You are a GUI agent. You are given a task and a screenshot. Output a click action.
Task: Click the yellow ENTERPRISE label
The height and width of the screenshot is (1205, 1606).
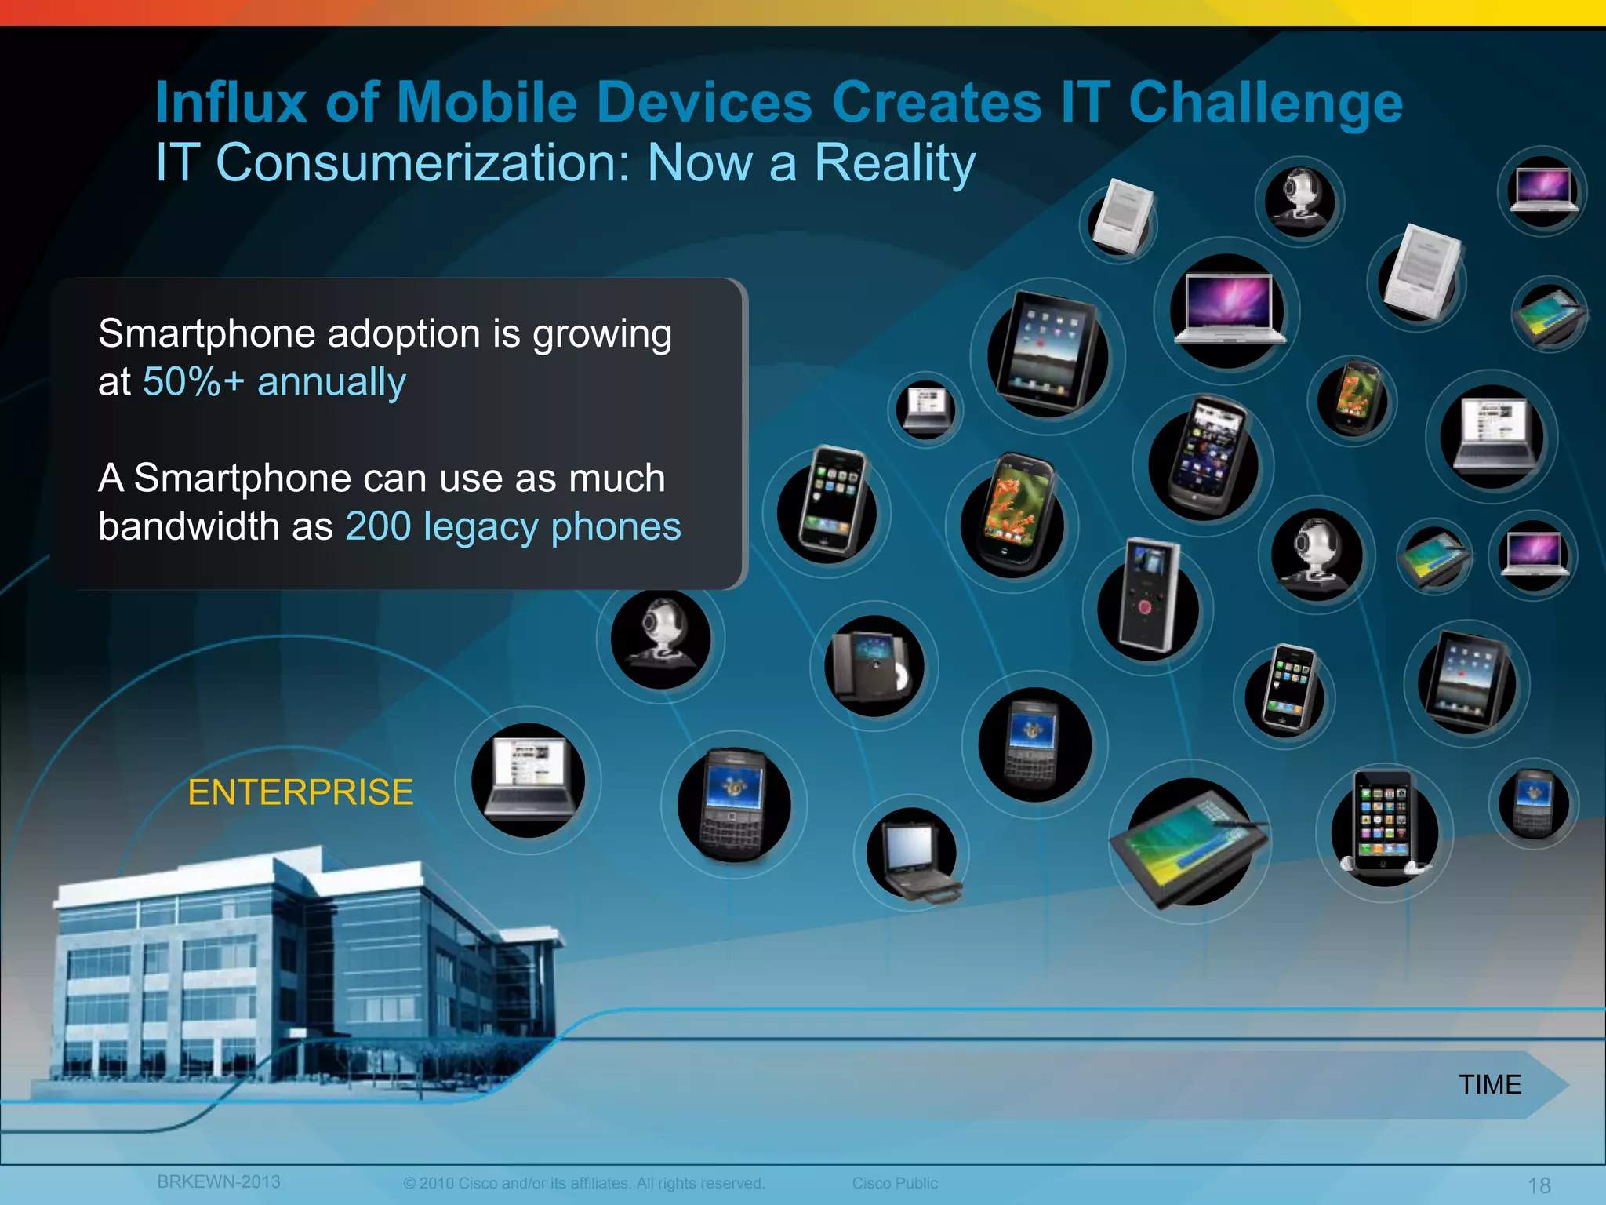click(x=300, y=792)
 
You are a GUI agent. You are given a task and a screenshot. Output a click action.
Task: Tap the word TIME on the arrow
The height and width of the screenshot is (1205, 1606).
click(x=1490, y=1084)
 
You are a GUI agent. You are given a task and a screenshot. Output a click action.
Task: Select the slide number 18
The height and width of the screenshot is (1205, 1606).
click(x=1539, y=1185)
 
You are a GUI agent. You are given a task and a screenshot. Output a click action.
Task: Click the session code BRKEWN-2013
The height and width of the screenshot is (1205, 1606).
click(x=218, y=1181)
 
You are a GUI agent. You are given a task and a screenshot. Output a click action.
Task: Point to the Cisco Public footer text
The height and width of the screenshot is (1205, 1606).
click(x=895, y=1183)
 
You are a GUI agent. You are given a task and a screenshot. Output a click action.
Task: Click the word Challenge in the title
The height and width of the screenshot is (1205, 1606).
click(x=1266, y=103)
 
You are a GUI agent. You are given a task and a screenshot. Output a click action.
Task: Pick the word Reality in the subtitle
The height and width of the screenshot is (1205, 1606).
click(x=894, y=163)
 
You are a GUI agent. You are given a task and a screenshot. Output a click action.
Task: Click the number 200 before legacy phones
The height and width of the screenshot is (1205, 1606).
click(x=378, y=526)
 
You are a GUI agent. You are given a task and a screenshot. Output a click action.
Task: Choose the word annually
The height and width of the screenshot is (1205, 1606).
click(x=331, y=382)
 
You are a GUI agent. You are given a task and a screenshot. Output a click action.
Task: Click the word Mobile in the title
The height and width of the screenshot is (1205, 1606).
click(x=487, y=103)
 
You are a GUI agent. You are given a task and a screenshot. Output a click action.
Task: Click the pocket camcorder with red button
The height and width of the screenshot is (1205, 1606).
click(x=1148, y=600)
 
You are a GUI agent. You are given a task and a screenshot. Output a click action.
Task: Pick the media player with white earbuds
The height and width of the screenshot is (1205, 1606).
click(x=1384, y=824)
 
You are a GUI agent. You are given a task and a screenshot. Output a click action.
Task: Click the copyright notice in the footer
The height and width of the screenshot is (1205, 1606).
click(x=583, y=1183)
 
